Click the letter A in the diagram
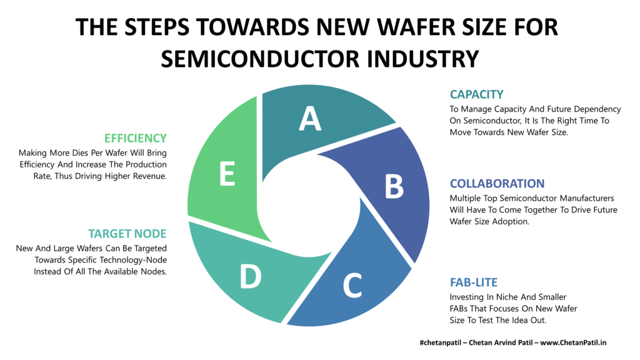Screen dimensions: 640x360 click(x=310, y=118)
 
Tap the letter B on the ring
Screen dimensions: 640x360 click(x=394, y=186)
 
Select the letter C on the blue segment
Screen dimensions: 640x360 click(x=352, y=285)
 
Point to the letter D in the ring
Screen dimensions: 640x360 click(x=250, y=276)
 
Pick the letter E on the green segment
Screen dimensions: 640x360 click(x=227, y=174)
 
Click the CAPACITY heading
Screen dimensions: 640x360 click(x=476, y=94)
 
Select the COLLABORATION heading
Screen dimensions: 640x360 click(x=497, y=184)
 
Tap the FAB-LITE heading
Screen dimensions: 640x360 click(x=474, y=282)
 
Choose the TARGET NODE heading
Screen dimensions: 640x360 click(x=127, y=234)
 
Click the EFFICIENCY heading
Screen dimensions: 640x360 click(x=136, y=138)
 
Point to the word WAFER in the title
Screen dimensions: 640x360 click(x=422, y=27)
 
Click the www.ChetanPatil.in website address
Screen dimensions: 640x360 click(x=573, y=342)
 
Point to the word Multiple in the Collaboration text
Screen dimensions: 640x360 click(x=465, y=198)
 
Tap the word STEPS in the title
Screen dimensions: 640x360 click(x=157, y=27)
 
